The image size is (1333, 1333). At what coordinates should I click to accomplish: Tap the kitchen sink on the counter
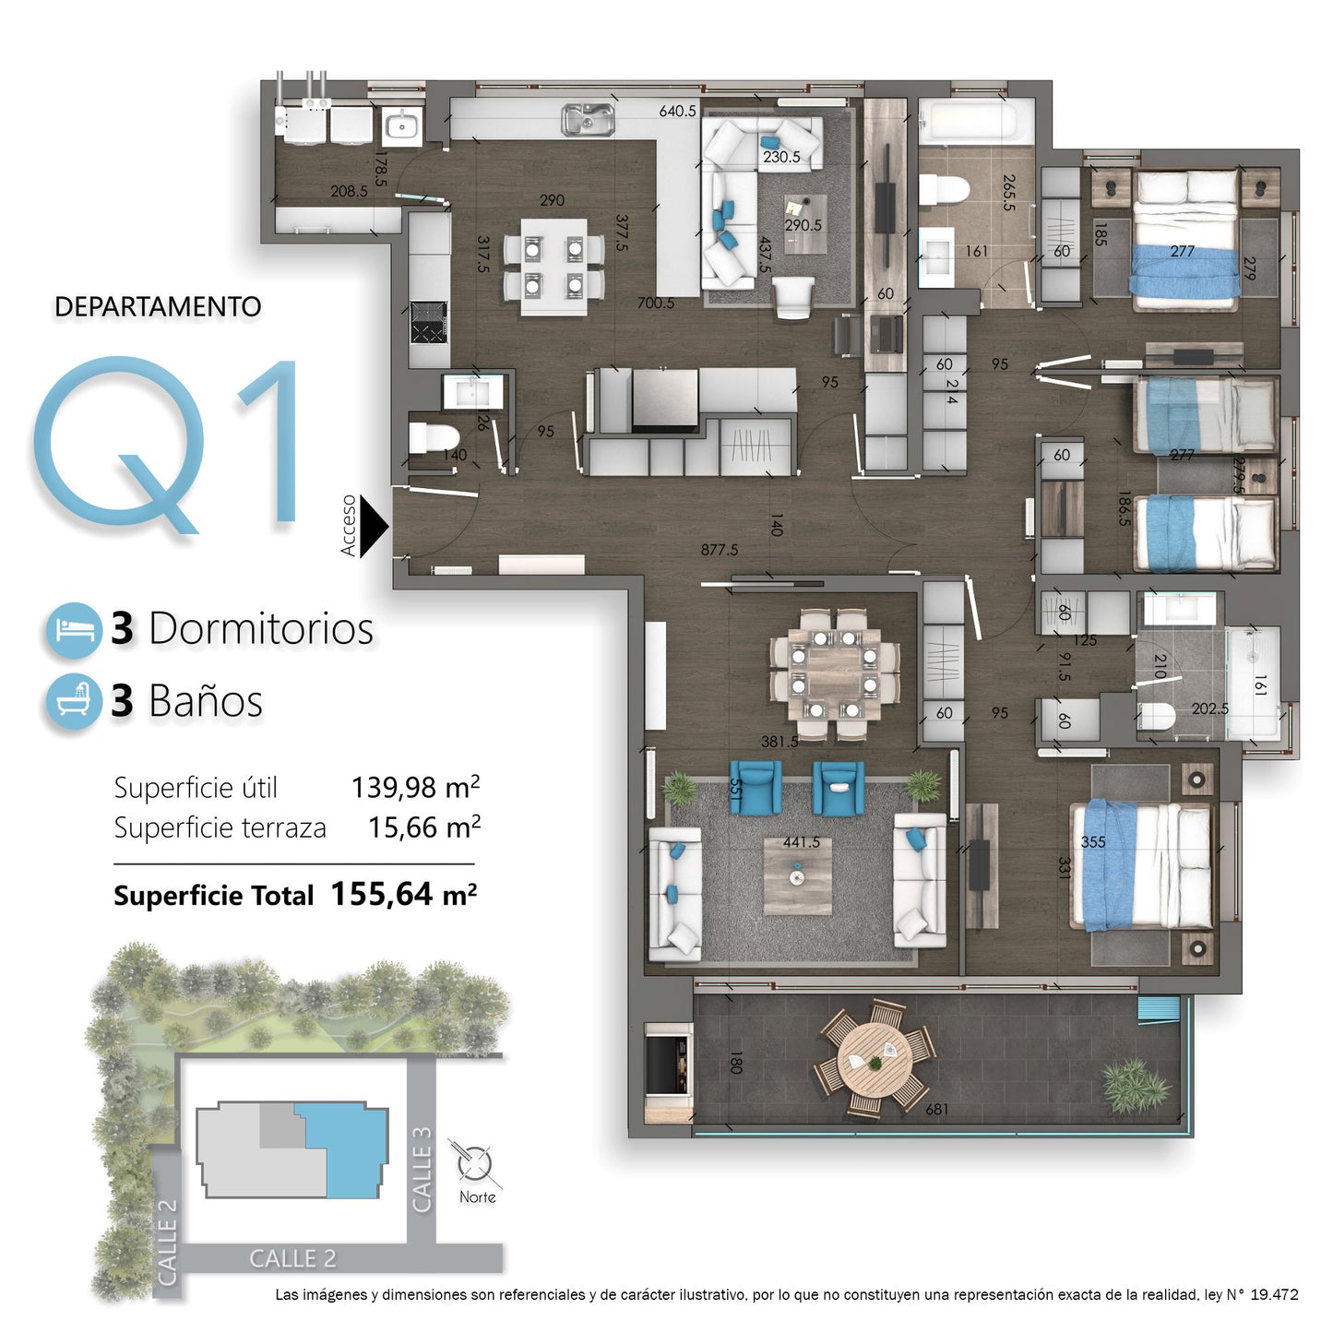coord(588,119)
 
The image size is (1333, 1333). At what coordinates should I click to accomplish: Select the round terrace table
coord(874,1059)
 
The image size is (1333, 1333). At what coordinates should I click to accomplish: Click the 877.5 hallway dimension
coord(719,550)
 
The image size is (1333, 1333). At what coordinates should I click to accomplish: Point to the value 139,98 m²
coord(414,788)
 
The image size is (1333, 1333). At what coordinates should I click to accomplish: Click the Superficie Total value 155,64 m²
coord(403,894)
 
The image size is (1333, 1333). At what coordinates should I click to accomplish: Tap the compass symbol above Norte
coord(475,1163)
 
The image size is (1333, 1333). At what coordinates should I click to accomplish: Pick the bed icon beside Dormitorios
coord(73,630)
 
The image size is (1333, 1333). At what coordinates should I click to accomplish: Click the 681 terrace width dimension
coord(936,1109)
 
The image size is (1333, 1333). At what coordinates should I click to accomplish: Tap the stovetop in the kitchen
coord(428,322)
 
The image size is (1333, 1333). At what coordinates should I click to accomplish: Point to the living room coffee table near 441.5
coord(797,877)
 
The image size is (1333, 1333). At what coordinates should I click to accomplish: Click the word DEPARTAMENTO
coord(158,307)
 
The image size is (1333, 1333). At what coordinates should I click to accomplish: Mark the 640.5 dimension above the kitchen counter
coord(677,111)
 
